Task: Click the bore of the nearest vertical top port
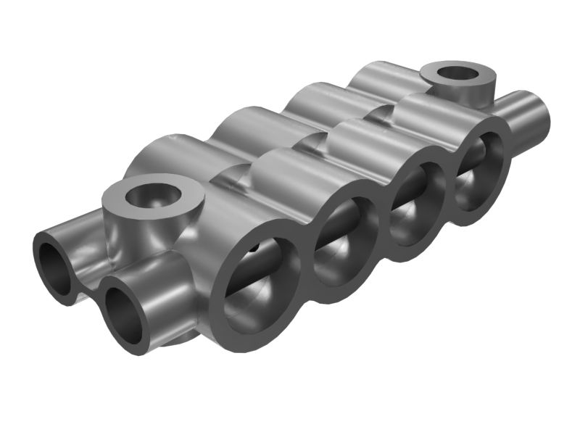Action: tap(146, 195)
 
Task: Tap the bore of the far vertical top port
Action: tap(458, 73)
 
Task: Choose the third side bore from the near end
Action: tap(417, 202)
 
